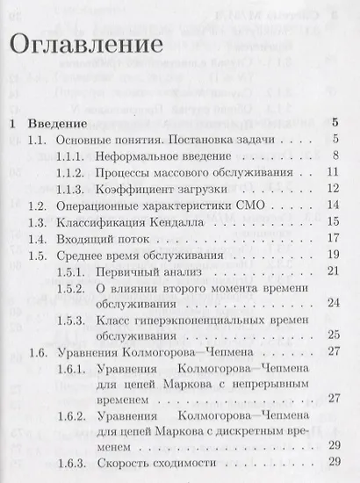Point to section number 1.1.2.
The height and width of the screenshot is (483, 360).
pyautogui.click(x=84, y=172)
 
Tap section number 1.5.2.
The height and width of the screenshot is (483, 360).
pyautogui.click(x=84, y=288)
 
